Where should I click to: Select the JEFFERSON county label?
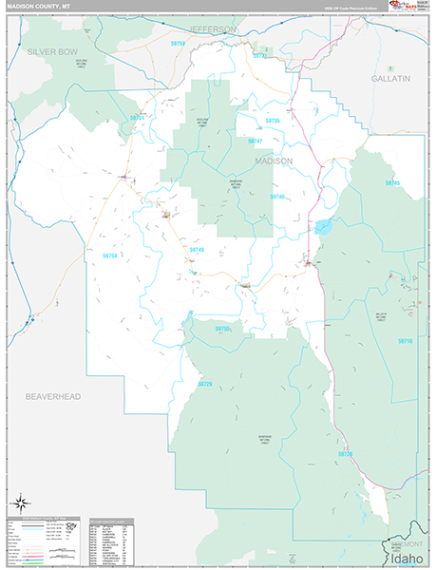pos(214,29)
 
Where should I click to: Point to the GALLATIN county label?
pos(390,77)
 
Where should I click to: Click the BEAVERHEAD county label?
pos(52,395)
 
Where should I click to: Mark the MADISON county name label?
pos(274,161)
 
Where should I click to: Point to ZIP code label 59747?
pos(255,141)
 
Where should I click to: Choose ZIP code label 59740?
pos(276,196)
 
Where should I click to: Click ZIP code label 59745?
pos(393,182)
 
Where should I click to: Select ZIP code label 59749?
pos(197,249)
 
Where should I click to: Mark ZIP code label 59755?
pos(222,329)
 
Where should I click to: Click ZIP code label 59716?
pos(406,340)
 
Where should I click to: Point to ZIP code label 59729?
pos(205,383)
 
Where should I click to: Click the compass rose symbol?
pos(19,502)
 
